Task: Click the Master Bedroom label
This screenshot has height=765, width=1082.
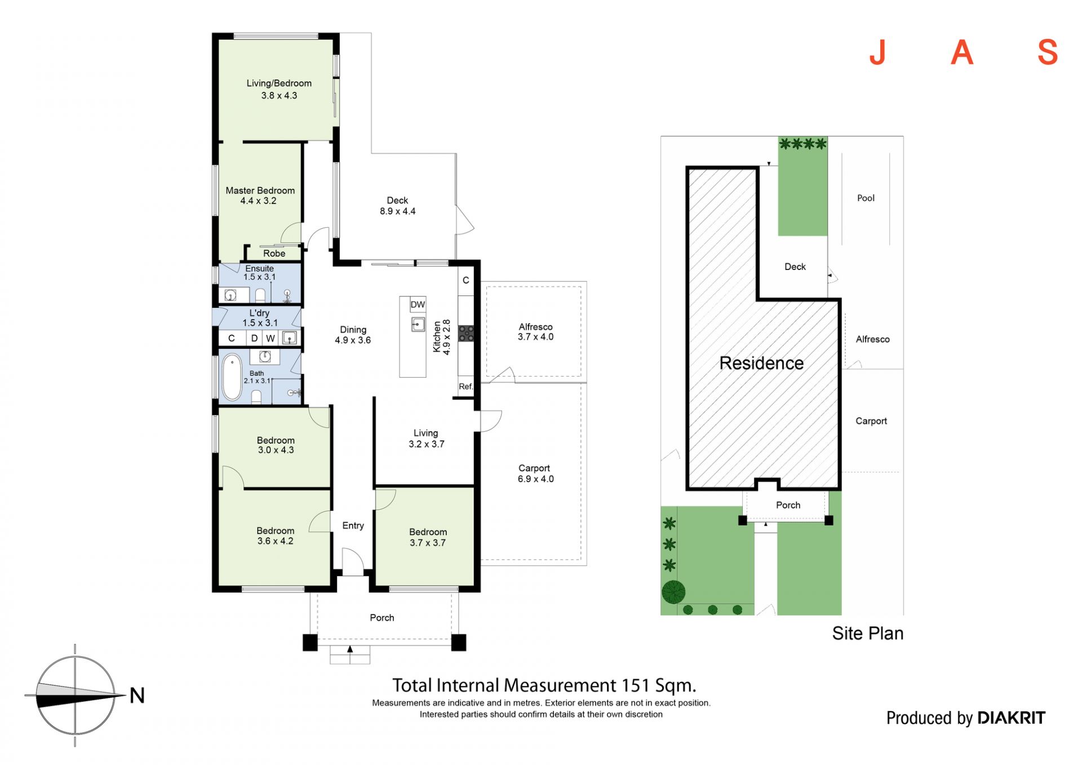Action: pyautogui.click(x=260, y=191)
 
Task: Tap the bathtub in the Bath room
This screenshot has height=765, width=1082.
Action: pyautogui.click(x=232, y=377)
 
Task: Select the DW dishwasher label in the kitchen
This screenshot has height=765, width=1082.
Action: pyautogui.click(x=418, y=305)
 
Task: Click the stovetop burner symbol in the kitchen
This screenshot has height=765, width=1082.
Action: pyautogui.click(x=466, y=333)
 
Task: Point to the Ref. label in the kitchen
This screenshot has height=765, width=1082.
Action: pyautogui.click(x=465, y=387)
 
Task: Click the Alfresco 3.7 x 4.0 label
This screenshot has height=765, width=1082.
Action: pyautogui.click(x=535, y=332)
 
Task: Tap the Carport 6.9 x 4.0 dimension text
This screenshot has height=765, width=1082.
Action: pyautogui.click(x=535, y=479)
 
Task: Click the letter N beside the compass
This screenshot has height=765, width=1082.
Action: pyautogui.click(x=137, y=696)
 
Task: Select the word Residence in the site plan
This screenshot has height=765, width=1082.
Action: pyautogui.click(x=761, y=363)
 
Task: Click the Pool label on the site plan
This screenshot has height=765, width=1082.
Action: pyautogui.click(x=866, y=198)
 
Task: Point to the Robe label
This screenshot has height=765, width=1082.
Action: pyautogui.click(x=274, y=254)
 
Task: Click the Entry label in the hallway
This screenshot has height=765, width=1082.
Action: pyautogui.click(x=353, y=526)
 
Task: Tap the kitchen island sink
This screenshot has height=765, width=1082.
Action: pyautogui.click(x=418, y=324)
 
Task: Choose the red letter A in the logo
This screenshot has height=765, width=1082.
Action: pyautogui.click(x=962, y=53)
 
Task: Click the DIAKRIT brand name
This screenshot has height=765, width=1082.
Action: pyautogui.click(x=1011, y=718)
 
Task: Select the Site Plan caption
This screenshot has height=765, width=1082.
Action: pyautogui.click(x=867, y=634)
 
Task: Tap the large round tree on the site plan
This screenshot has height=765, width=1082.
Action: pyautogui.click(x=673, y=592)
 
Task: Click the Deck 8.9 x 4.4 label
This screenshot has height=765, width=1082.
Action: pyautogui.click(x=397, y=206)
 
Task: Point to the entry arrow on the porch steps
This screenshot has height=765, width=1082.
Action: pyautogui.click(x=350, y=649)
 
